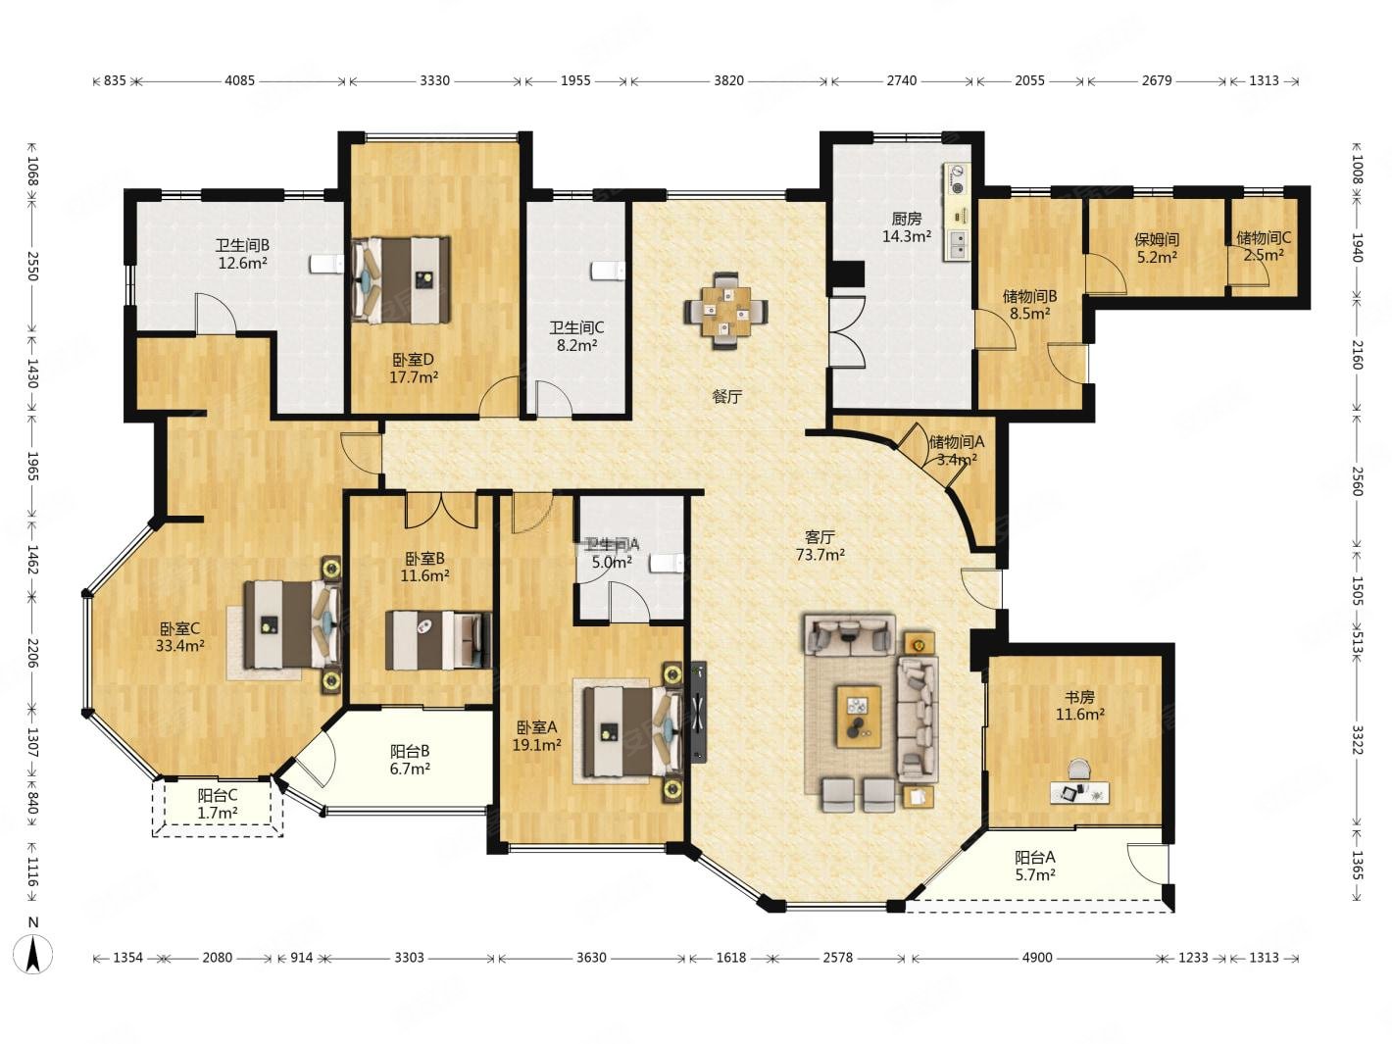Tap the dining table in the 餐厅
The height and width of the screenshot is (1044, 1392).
click(725, 310)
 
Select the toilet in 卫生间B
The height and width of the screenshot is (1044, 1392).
click(327, 264)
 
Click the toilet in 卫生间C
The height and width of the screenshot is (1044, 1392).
click(608, 271)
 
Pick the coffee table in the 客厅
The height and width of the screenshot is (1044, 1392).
click(858, 717)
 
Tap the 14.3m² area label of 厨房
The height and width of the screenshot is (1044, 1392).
click(906, 236)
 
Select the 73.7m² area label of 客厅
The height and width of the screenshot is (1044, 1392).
click(820, 555)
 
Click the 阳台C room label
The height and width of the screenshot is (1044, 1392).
click(218, 795)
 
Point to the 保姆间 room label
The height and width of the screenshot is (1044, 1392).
click(1157, 239)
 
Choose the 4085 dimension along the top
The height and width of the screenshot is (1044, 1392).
click(240, 80)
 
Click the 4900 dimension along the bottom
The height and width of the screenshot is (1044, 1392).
click(1037, 957)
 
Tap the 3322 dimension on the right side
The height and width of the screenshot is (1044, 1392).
click(1357, 739)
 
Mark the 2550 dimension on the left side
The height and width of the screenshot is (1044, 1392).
click(33, 267)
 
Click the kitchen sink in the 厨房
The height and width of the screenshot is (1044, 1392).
click(957, 245)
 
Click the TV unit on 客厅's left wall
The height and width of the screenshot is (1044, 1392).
click(698, 712)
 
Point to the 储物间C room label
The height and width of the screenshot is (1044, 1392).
click(1264, 237)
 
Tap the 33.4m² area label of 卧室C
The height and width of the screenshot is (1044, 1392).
click(180, 646)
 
